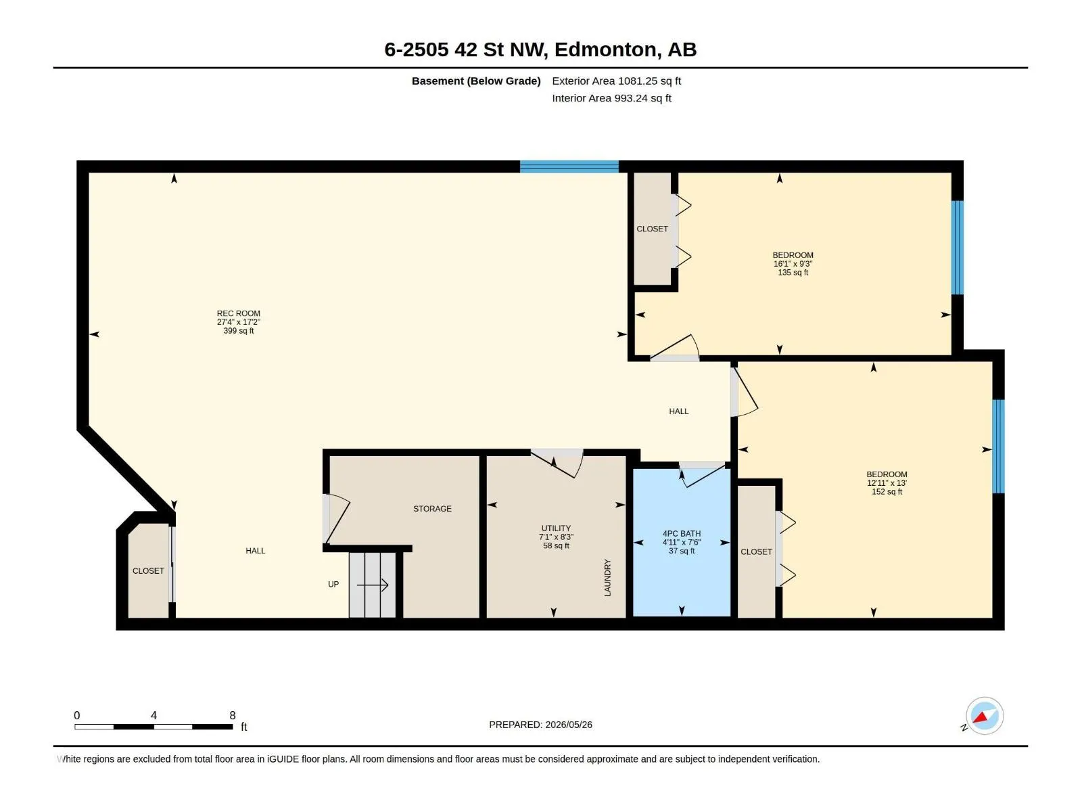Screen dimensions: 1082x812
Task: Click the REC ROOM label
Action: [239, 313]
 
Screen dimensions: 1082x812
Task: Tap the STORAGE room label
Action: [432, 509]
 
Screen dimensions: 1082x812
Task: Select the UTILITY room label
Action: [556, 528]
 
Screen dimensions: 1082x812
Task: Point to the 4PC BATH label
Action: [682, 534]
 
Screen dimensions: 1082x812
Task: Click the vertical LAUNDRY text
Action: [607, 578]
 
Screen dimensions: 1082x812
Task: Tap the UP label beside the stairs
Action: [333, 584]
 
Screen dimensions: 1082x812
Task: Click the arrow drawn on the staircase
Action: [373, 585]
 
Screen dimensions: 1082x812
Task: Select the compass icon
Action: [985, 716]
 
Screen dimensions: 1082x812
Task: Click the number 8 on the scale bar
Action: [233, 715]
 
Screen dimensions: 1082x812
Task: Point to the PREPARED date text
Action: [541, 725]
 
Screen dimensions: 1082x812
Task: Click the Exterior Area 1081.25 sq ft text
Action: [616, 81]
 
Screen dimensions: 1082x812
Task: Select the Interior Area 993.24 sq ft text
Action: [612, 98]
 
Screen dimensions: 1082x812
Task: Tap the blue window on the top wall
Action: [569, 166]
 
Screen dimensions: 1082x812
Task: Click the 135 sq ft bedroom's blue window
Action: [958, 248]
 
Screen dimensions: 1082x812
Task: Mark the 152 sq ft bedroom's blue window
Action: [998, 446]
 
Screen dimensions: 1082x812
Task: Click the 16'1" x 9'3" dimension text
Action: [793, 264]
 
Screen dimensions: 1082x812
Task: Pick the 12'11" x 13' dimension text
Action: [887, 483]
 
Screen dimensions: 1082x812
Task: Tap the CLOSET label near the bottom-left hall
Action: [148, 571]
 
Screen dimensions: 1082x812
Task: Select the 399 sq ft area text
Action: [239, 331]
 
